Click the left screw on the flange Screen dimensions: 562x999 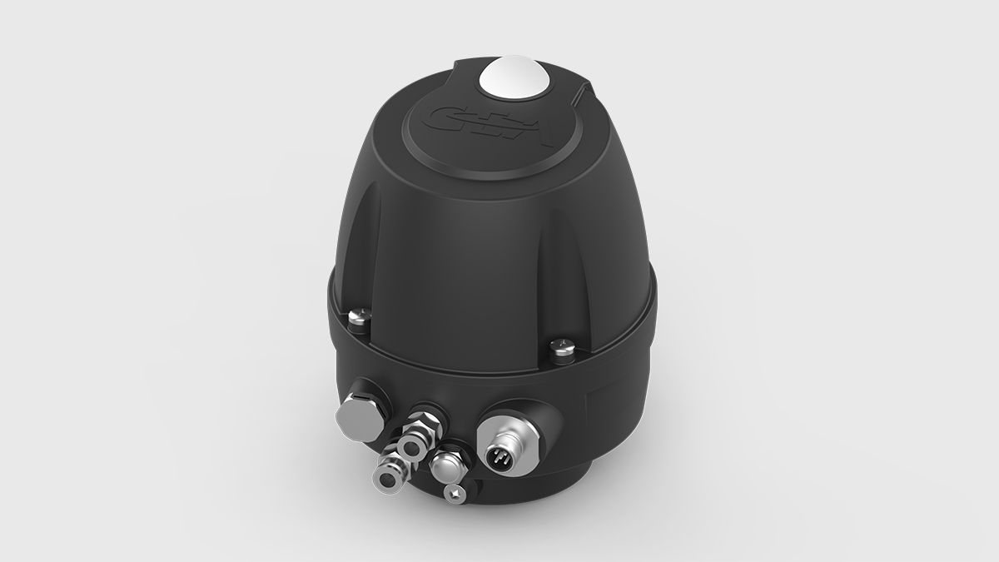tap(355, 317)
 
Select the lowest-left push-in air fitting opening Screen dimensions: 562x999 tap(385, 476)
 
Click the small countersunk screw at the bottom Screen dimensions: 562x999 tap(455, 495)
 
